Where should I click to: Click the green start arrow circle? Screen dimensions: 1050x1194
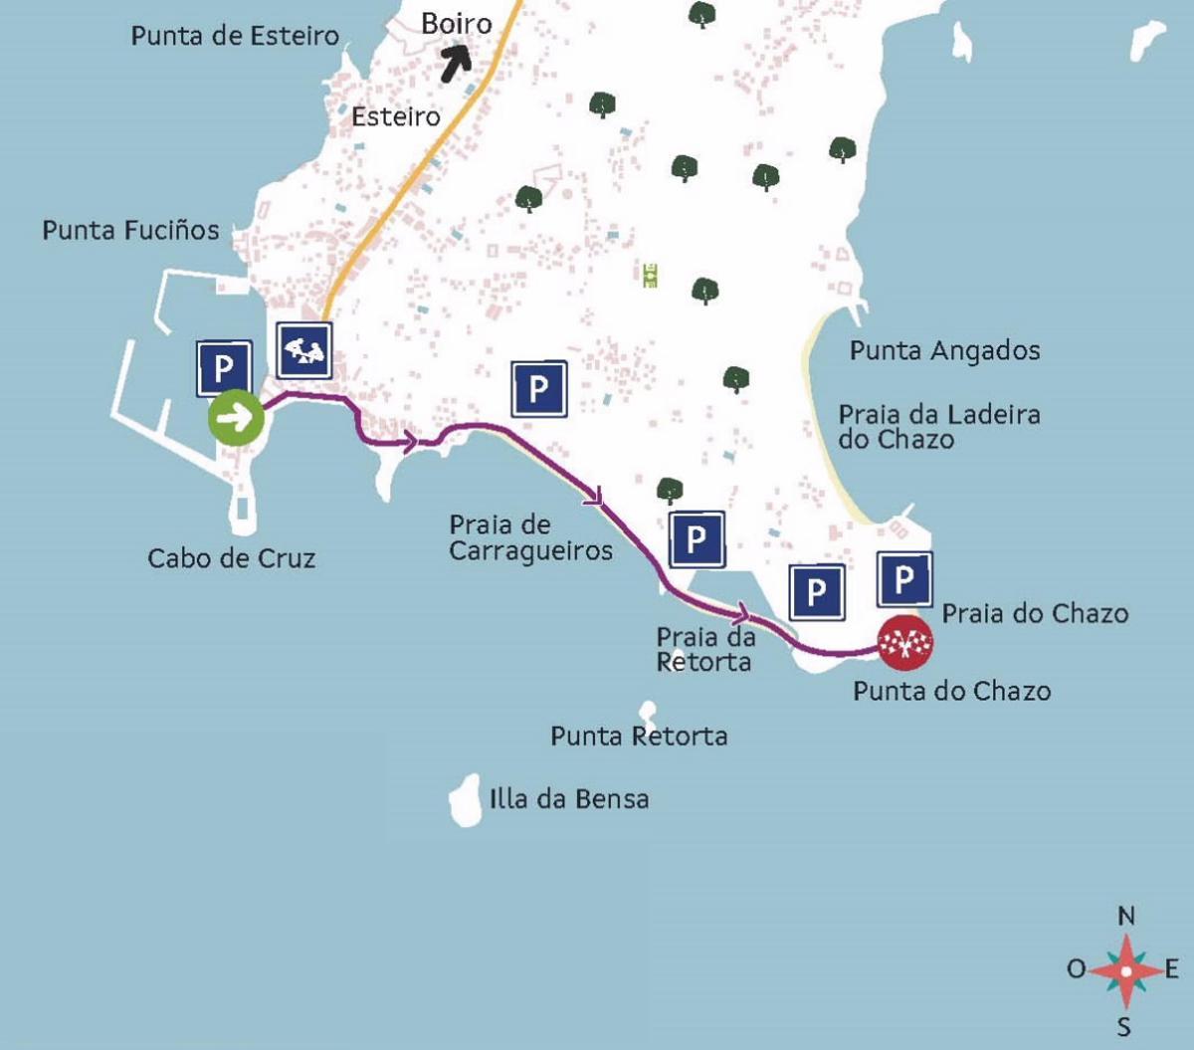tap(236, 418)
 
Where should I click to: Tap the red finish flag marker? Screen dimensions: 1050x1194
tap(904, 643)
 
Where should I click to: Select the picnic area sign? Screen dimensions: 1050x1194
tap(304, 350)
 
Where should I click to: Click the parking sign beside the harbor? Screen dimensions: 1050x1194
tap(224, 368)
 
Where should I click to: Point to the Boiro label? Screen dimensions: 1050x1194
tap(457, 23)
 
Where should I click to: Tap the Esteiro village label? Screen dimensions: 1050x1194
tap(396, 116)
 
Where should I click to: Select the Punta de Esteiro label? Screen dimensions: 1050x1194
tap(235, 36)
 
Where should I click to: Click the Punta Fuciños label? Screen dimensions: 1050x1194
tap(130, 230)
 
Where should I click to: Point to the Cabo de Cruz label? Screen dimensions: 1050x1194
tap(231, 558)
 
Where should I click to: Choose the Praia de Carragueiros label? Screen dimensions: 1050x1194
tap(530, 537)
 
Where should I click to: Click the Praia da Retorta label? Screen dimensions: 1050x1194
tap(704, 649)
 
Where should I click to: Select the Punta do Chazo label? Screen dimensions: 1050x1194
tap(951, 691)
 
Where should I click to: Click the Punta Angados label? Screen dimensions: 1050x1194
tap(944, 350)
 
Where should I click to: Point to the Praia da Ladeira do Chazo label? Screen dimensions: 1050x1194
tap(938, 427)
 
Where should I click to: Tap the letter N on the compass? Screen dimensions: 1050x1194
tap(1126, 916)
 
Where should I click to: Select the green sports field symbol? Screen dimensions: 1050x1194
tap(651, 275)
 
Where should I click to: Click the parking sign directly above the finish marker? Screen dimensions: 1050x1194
tap(904, 579)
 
